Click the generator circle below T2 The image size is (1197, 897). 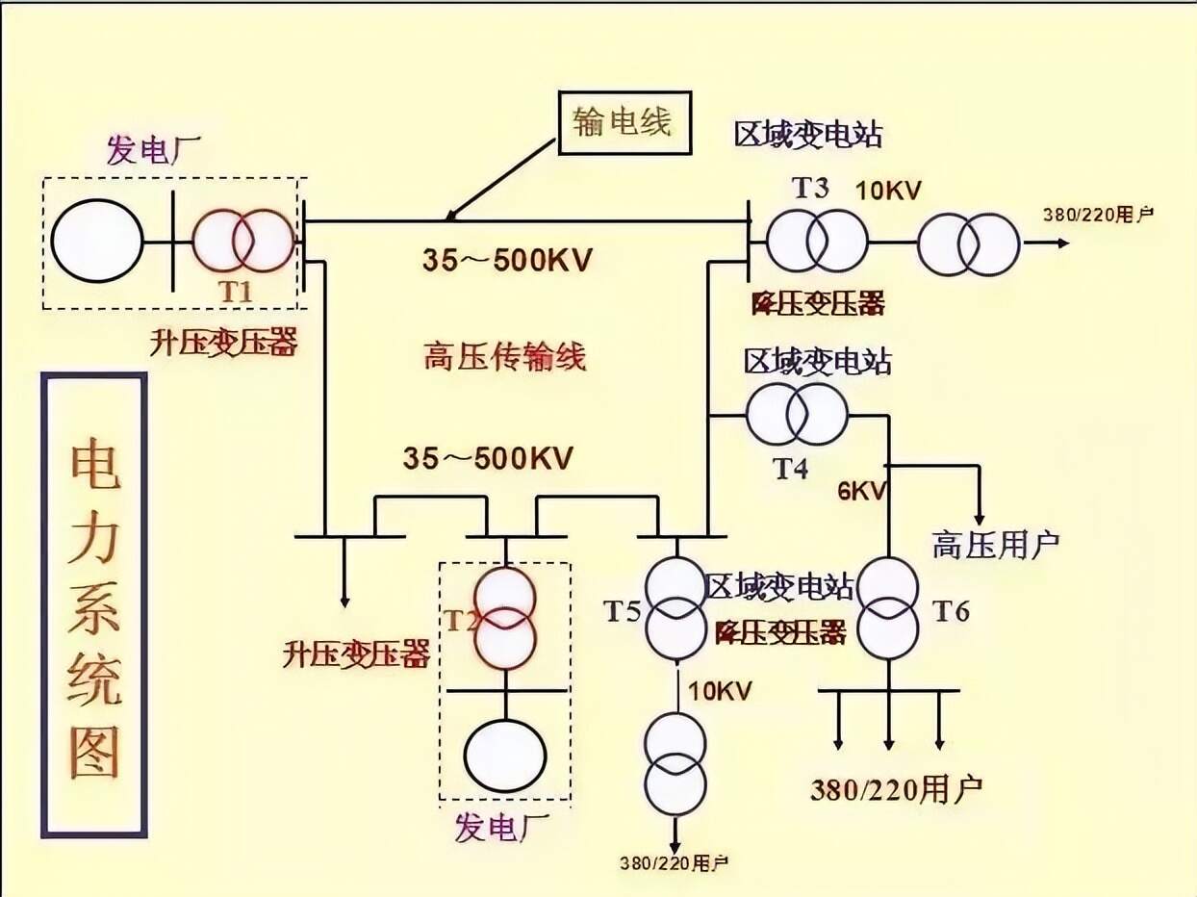(504, 753)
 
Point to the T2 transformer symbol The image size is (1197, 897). (504, 617)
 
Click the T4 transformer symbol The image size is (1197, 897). (797, 415)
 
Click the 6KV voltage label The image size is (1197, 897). (861, 490)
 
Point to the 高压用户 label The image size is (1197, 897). (995, 545)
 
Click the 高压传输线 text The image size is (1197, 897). (504, 358)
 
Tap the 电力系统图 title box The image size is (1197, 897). (94, 604)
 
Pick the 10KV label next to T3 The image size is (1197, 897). (889, 191)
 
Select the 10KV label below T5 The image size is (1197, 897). (720, 690)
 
